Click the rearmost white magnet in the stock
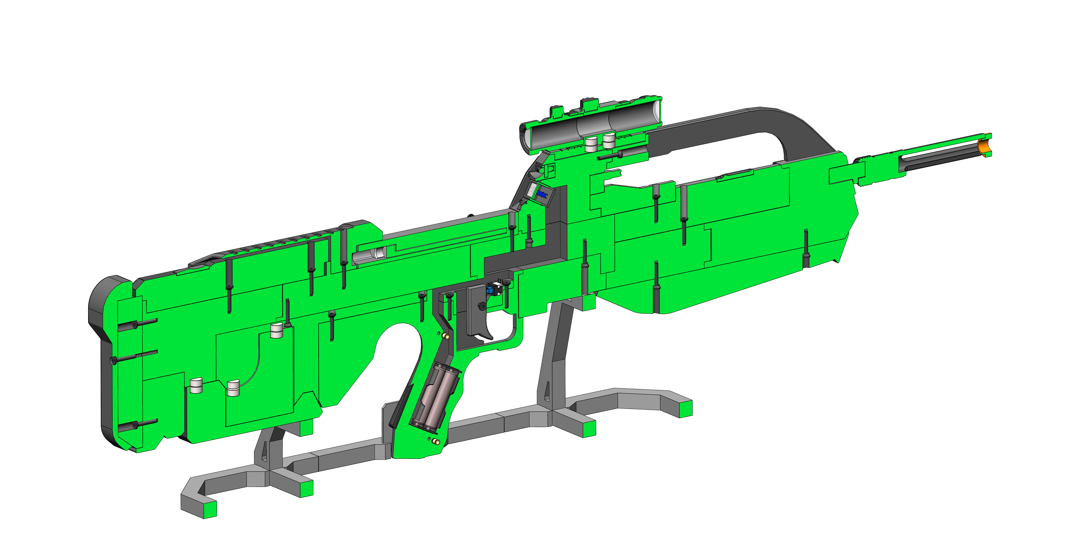click(196, 386)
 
